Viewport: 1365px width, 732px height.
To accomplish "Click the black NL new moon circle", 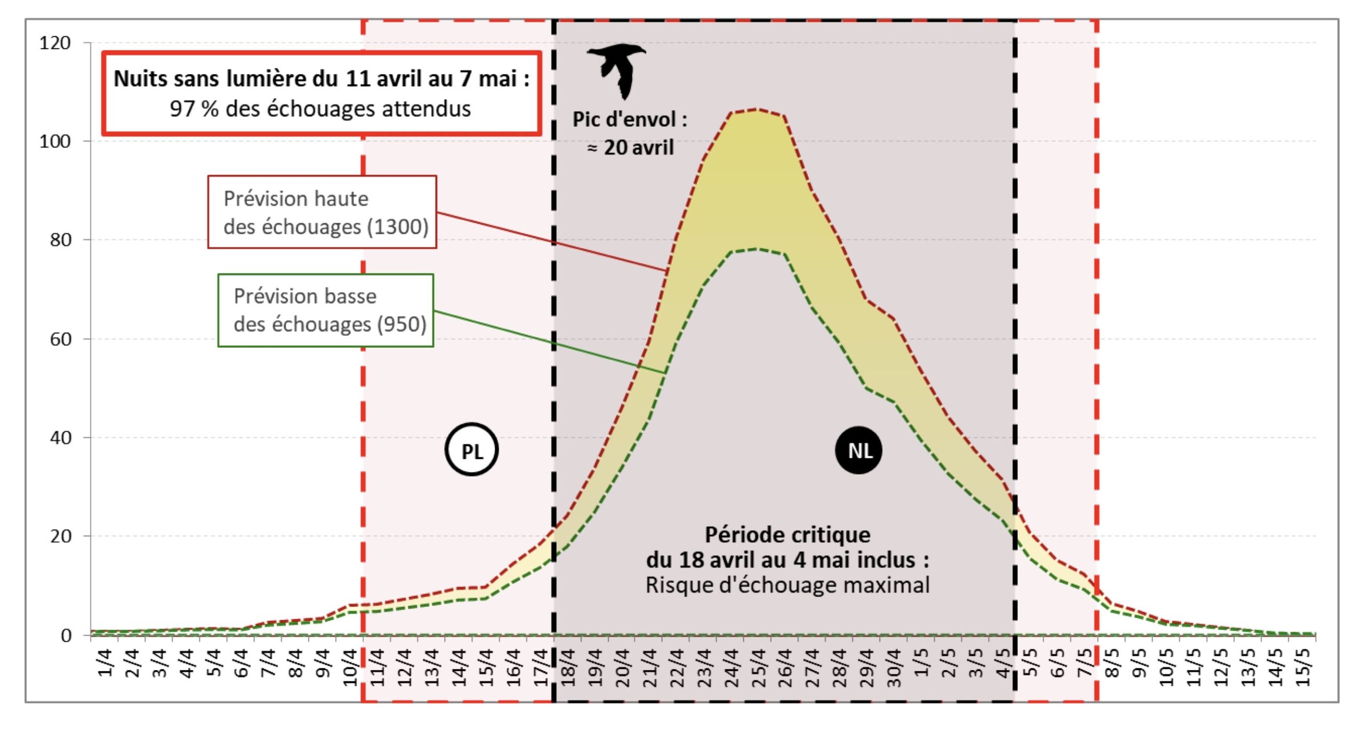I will tap(858, 451).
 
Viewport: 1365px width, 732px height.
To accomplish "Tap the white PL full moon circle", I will tap(471, 451).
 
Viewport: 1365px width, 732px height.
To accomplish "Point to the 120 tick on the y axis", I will tap(55, 43).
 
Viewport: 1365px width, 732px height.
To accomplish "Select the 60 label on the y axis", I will tap(60, 339).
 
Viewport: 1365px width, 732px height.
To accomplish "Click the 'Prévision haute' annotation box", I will tap(322, 212).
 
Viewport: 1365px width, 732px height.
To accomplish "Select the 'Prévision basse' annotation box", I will tap(325, 310).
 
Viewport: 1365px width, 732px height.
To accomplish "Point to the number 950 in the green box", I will tap(401, 324).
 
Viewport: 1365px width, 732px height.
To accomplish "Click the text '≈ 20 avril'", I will tap(630, 148).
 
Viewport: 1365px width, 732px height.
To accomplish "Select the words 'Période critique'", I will tap(788, 535).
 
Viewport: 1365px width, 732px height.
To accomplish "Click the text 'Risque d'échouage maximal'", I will tap(788, 585).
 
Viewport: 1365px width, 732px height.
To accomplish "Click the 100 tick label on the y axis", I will tap(55, 141).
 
